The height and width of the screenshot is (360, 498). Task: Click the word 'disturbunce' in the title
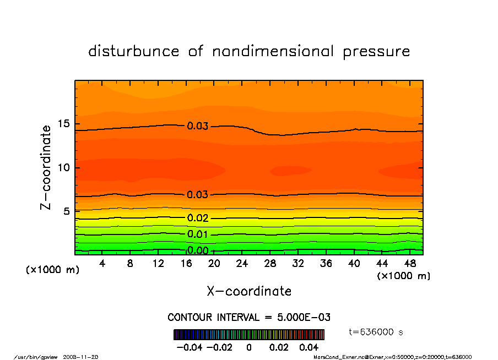(x=134, y=52)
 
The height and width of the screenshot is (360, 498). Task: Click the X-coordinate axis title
(x=249, y=291)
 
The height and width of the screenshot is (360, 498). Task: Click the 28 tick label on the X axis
(x=270, y=264)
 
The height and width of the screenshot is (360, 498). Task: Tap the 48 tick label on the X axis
(x=409, y=264)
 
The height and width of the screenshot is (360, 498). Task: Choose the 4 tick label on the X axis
(x=102, y=264)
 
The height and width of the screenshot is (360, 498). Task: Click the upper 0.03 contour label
(x=197, y=127)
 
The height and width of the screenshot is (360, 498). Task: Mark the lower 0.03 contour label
(x=197, y=195)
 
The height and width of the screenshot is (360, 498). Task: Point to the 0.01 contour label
(x=197, y=235)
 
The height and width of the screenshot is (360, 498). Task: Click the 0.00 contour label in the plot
(x=197, y=251)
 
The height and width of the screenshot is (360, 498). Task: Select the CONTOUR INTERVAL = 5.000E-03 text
(x=248, y=318)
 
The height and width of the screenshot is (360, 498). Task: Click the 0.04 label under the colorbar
(x=309, y=348)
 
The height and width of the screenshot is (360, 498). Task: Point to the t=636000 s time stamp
(x=376, y=332)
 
